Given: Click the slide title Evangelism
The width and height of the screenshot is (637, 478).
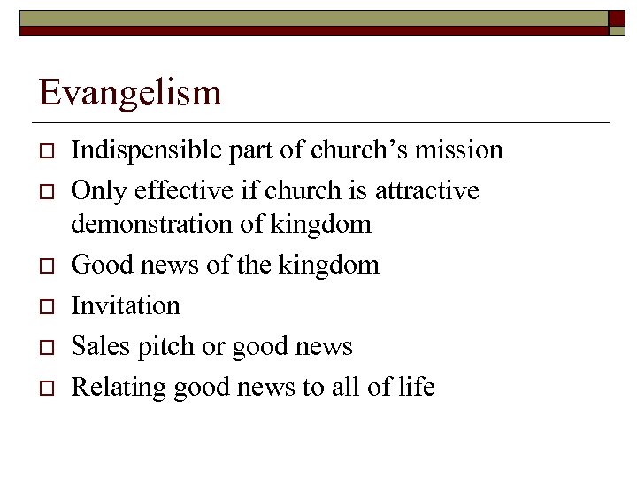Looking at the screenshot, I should pos(130,92).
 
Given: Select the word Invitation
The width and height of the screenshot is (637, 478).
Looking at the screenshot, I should pos(125,305).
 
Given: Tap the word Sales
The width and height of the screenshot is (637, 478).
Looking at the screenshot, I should pos(96,346).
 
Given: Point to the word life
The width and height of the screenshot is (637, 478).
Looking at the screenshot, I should pos(418,387).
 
